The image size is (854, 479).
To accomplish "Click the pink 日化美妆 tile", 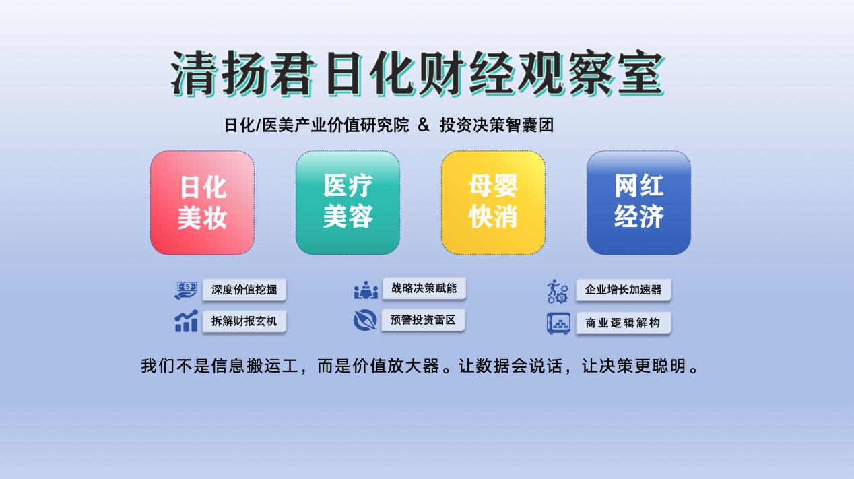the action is coord(203,203).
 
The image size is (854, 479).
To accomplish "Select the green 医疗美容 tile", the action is coord(348,203).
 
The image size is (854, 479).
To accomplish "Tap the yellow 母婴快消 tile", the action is coord(493,203).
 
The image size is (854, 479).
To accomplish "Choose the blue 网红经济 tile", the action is coord(639,203).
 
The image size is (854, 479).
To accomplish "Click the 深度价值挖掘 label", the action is coord(244,290).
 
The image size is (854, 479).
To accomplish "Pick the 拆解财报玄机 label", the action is coord(244,321).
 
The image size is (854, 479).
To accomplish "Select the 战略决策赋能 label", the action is coord(424,288).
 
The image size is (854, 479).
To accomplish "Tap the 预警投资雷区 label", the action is coord(423,320).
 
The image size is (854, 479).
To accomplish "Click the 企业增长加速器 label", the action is coord(624,290).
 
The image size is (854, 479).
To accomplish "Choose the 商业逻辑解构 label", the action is coord(624,323).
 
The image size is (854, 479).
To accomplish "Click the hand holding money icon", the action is coord(186,290).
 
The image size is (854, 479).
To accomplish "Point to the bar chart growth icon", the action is coord(186,321).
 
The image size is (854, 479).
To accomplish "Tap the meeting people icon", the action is coord(366,290).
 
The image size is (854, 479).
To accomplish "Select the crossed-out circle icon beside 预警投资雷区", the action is coord(365,319).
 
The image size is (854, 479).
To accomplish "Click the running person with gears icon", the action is coord(558,291).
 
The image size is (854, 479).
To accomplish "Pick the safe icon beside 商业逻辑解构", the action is coord(558,323).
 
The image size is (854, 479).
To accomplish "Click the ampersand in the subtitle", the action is coord(423,125).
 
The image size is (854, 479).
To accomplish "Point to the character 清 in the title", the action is coord(194,73).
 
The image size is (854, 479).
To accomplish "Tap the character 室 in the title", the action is coord(640,73).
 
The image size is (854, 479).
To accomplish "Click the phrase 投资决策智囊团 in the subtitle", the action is coord(497,125).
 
